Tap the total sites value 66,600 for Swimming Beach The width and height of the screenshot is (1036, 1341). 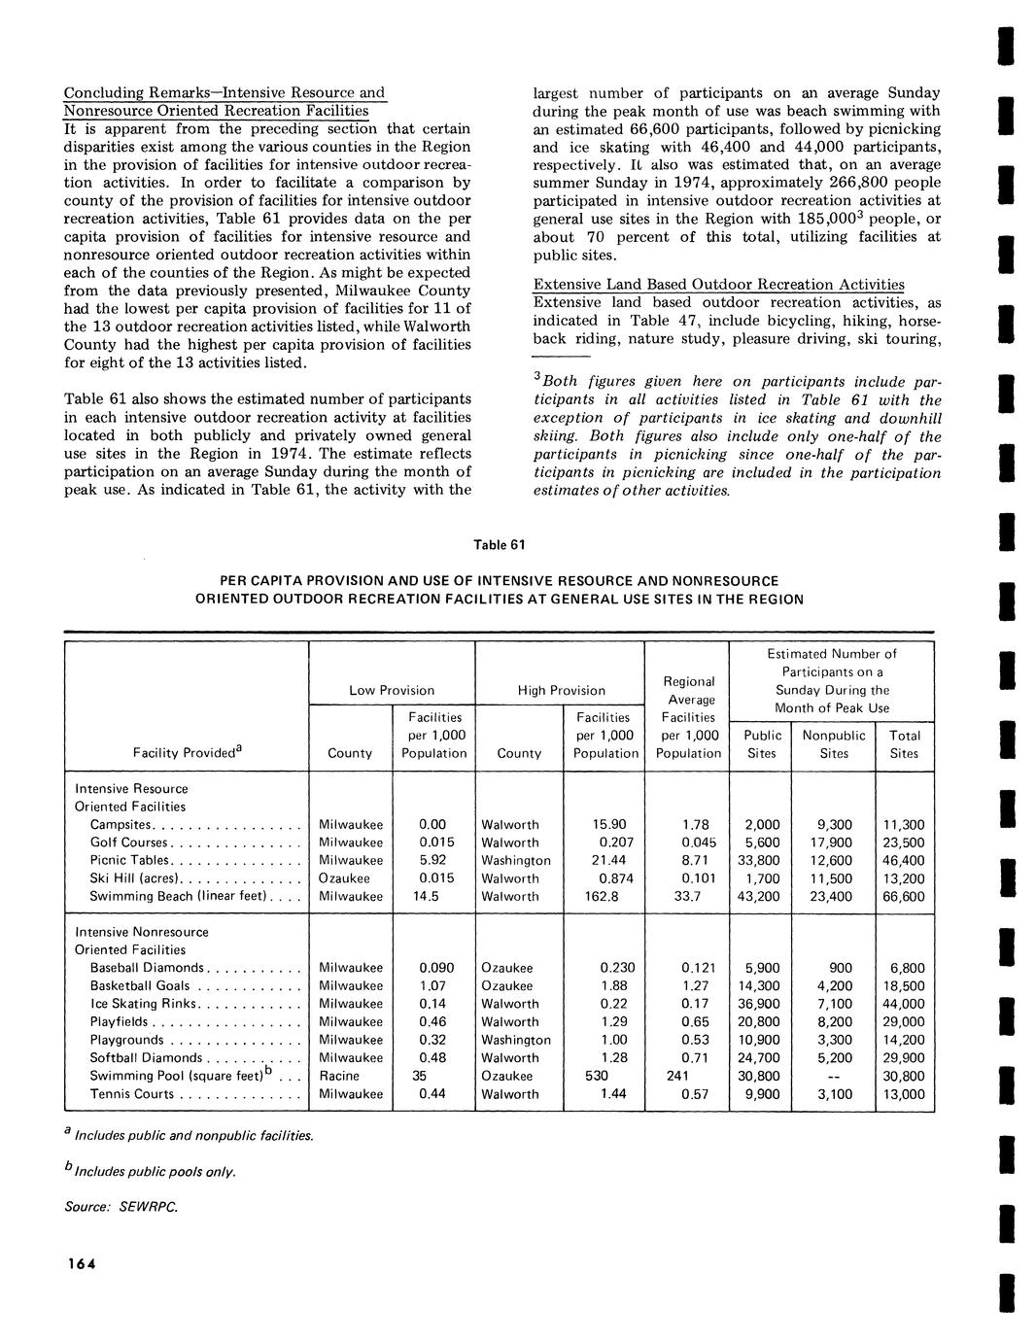[903, 896]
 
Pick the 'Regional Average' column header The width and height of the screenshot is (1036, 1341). [688, 690]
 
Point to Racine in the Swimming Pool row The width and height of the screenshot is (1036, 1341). [339, 1076]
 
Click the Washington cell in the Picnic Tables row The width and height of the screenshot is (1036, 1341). [515, 860]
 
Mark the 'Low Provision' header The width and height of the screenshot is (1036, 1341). [392, 690]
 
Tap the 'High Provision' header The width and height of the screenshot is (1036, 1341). [561, 690]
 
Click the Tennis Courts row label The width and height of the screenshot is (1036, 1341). [132, 1094]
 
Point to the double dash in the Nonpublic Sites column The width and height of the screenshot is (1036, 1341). [834, 1076]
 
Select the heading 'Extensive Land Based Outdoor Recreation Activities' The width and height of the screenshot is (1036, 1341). [718, 284]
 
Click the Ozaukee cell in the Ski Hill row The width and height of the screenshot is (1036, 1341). [344, 878]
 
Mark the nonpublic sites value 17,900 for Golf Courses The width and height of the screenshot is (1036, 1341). [834, 842]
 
